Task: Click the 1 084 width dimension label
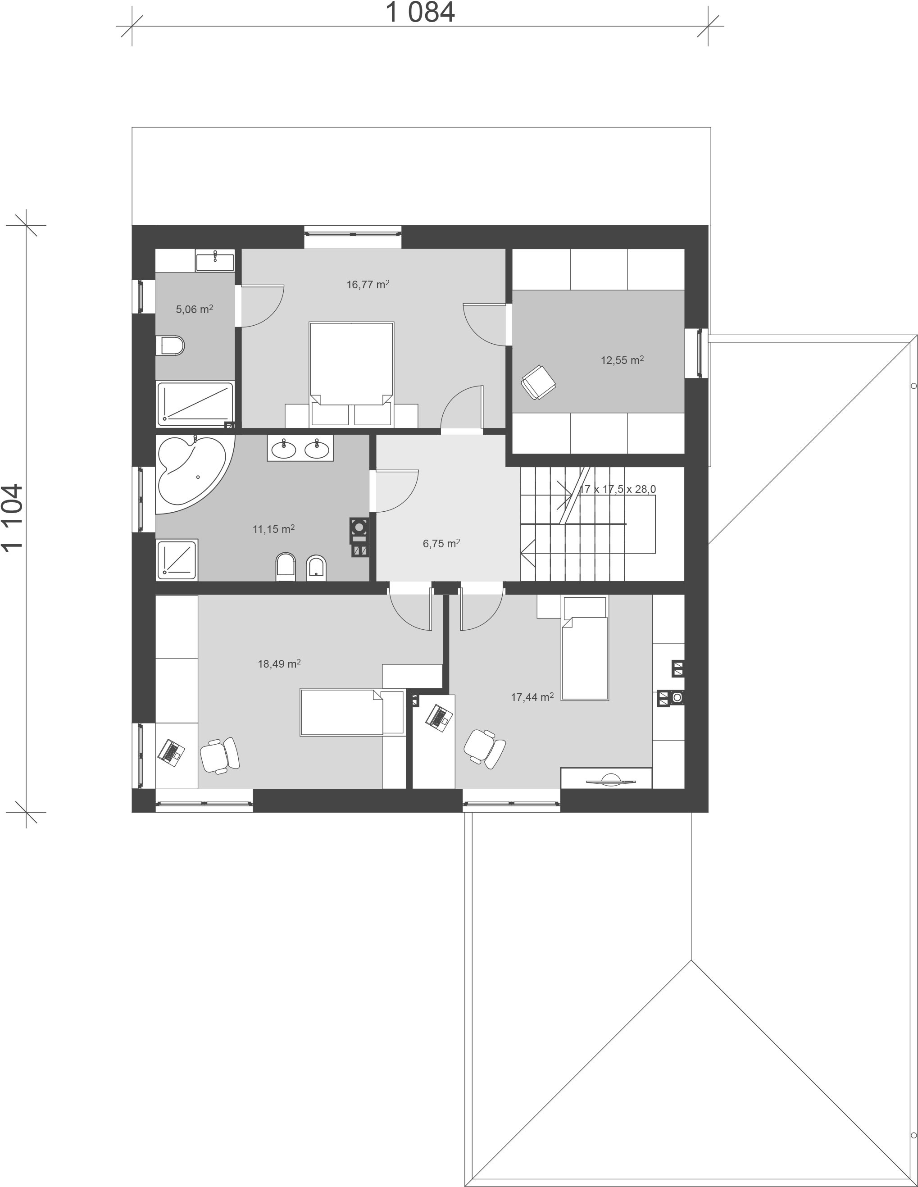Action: (420, 13)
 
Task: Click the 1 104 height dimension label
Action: (13, 518)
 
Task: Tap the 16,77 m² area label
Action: (368, 284)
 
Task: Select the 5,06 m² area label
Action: (194, 309)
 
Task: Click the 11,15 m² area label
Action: (274, 529)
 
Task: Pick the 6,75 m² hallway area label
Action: (441, 543)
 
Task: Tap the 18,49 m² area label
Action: (279, 664)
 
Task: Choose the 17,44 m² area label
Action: (532, 697)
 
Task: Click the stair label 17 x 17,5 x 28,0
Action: (618, 489)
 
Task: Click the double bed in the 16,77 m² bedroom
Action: (351, 374)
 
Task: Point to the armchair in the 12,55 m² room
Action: (538, 382)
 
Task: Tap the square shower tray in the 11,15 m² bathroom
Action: (177, 559)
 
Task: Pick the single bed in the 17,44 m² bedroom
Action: (585, 648)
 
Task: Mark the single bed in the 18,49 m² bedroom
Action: (352, 712)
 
